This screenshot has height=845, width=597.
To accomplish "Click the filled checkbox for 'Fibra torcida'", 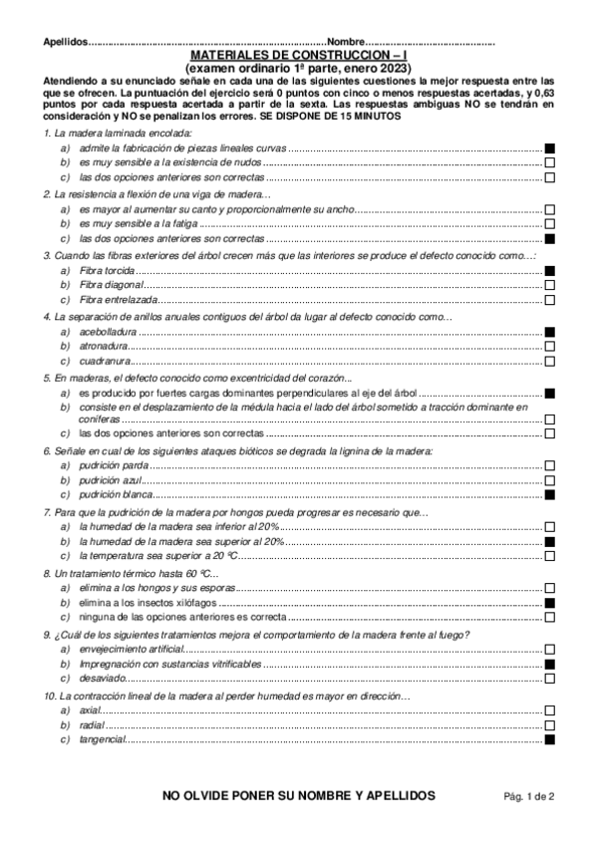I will [x=549, y=271].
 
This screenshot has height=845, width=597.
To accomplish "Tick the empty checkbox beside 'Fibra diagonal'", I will [x=549, y=285].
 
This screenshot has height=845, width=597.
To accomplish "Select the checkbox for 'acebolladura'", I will [x=549, y=332].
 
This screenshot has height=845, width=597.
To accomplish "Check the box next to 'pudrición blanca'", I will [x=549, y=494].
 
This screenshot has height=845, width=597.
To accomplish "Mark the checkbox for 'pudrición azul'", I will [x=549, y=480].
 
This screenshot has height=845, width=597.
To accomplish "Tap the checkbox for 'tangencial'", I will [x=549, y=739].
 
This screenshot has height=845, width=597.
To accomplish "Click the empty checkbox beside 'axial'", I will [x=549, y=710].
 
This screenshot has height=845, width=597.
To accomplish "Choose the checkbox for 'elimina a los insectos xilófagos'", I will [x=549, y=604].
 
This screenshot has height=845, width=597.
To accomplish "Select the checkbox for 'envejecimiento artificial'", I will [x=549, y=649].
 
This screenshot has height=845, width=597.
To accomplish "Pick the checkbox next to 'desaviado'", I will [x=549, y=678].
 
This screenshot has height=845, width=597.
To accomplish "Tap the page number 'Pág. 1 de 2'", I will [x=528, y=796].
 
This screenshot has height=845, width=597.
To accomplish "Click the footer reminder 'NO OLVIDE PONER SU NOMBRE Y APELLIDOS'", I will [x=299, y=795].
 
